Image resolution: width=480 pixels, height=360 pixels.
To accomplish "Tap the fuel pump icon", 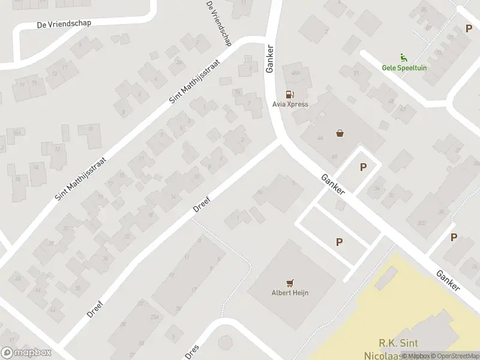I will (290, 94).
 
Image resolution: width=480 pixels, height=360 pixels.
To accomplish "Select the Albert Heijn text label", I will (290, 293).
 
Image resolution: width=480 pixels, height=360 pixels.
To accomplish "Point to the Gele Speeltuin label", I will (404, 68).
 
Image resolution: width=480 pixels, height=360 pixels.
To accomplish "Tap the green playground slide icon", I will (404, 59).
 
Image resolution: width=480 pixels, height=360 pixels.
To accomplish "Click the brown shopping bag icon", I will (341, 133).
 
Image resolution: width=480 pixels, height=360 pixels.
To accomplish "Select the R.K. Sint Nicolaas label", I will (391, 348).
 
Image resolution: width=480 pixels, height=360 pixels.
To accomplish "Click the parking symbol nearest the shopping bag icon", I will (363, 167).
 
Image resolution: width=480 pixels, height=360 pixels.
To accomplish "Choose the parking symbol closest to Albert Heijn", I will (340, 242).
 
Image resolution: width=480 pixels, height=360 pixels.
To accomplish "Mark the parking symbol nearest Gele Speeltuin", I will (469, 29).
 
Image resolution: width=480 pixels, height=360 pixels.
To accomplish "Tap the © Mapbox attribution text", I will (415, 356).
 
